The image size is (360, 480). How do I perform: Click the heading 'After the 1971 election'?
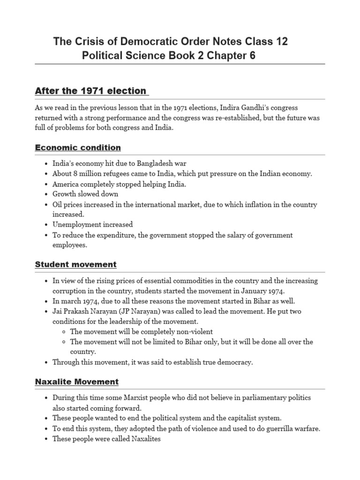point(91,90)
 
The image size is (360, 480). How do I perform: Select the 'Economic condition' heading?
point(78,148)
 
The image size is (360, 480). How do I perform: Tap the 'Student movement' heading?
point(76,264)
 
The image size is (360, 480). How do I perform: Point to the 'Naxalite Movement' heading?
point(77,382)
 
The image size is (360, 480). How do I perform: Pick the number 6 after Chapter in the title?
point(253,56)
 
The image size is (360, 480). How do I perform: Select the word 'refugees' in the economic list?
point(118,174)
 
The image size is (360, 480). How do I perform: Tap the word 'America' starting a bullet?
point(66,184)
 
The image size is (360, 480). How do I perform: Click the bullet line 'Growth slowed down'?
point(85,194)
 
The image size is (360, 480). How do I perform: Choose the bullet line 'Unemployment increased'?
point(92,225)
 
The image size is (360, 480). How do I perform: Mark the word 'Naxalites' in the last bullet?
point(144,438)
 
